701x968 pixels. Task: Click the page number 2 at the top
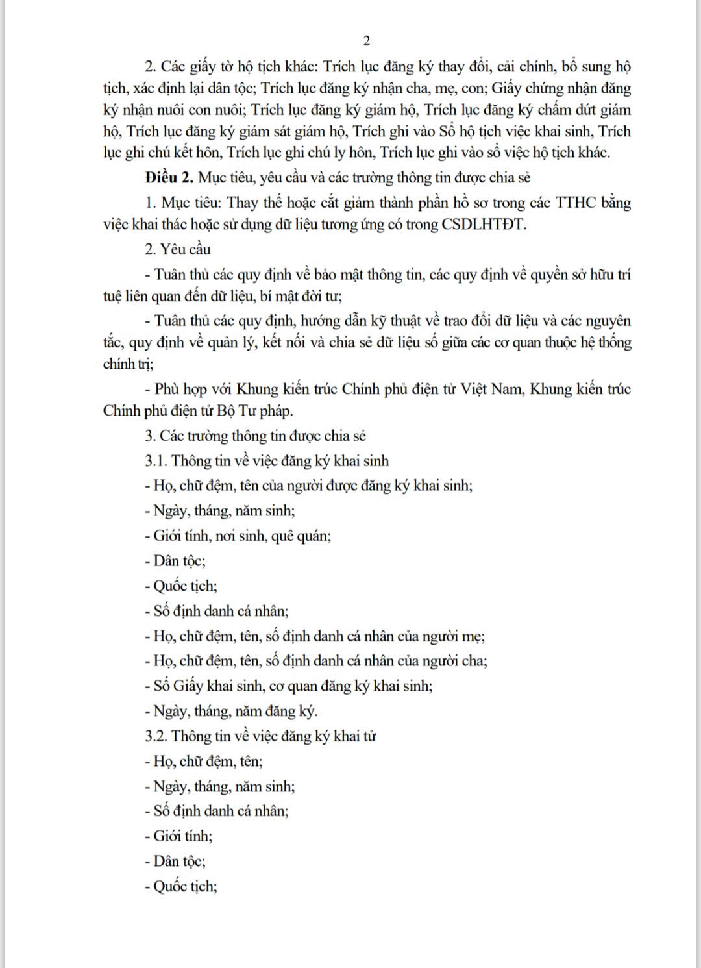366,41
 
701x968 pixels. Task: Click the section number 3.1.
156,461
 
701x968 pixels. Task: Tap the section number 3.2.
156,736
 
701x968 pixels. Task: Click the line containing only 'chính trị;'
129,364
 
